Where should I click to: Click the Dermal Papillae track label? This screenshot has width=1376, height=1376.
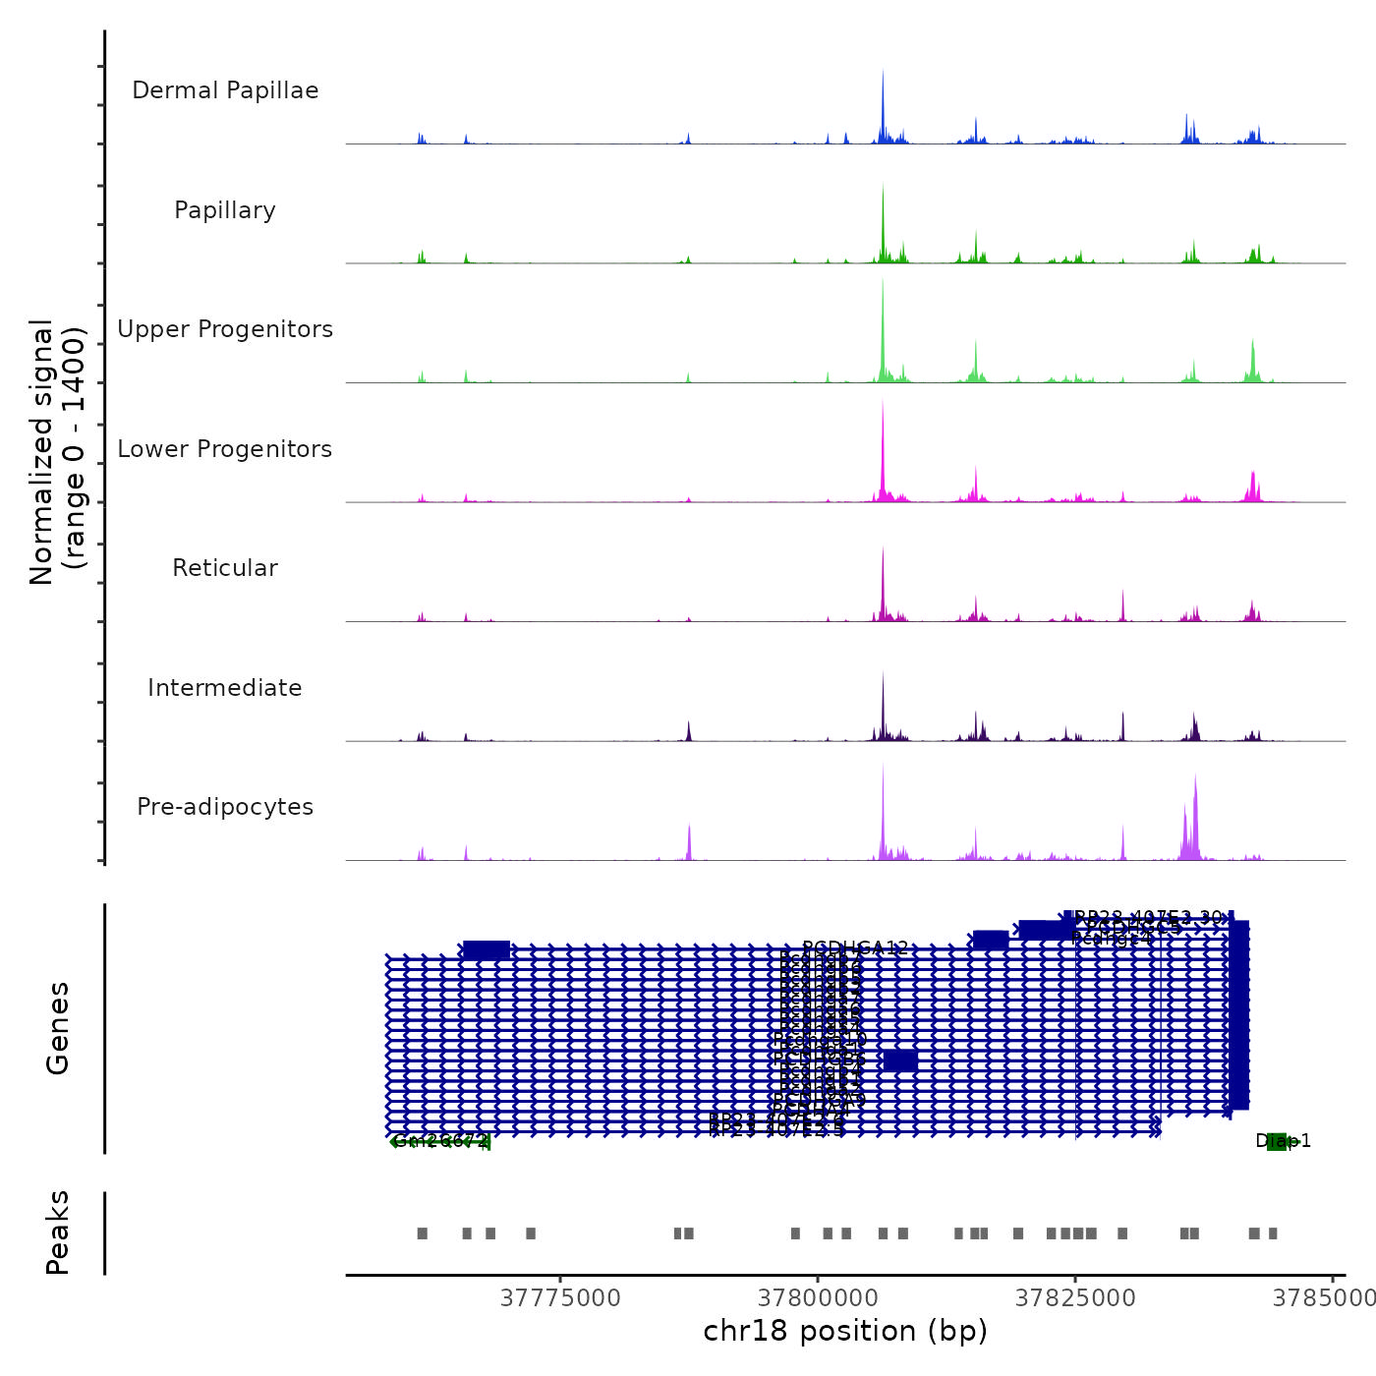click(225, 90)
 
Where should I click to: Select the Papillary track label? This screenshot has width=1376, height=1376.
click(225, 210)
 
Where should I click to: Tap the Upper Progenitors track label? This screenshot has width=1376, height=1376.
click(225, 329)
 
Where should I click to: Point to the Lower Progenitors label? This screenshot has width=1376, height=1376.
click(225, 449)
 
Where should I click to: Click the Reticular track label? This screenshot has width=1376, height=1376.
click(225, 568)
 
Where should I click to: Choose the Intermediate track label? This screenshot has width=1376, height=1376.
click(225, 688)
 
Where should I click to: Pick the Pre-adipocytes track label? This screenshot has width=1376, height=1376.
click(225, 807)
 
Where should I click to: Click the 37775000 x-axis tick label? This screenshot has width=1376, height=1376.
click(560, 1298)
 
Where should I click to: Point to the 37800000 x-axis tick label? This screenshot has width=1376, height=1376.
click(818, 1298)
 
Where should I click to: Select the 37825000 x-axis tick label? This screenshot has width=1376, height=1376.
click(1075, 1298)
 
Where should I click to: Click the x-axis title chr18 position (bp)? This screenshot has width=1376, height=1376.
click(845, 1331)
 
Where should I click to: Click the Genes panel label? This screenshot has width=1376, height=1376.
click(58, 1028)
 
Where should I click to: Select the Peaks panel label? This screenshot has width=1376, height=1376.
click(58, 1233)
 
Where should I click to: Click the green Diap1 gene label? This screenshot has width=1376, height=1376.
click(1283, 1141)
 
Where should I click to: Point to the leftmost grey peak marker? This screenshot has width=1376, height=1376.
click(423, 1233)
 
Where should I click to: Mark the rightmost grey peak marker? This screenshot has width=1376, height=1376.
click(1273, 1233)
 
